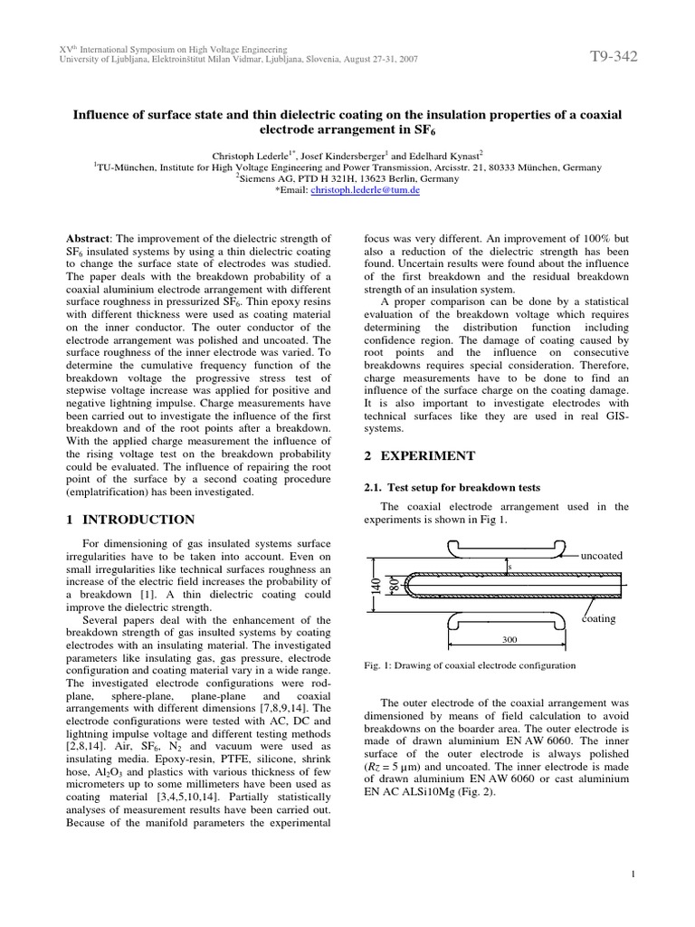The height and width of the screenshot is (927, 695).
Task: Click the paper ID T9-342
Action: coord(614,57)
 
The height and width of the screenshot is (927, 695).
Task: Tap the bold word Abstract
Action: coord(93,237)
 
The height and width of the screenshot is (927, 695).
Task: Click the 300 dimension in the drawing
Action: coord(509,639)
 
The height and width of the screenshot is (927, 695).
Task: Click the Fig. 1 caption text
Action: coord(469,665)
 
